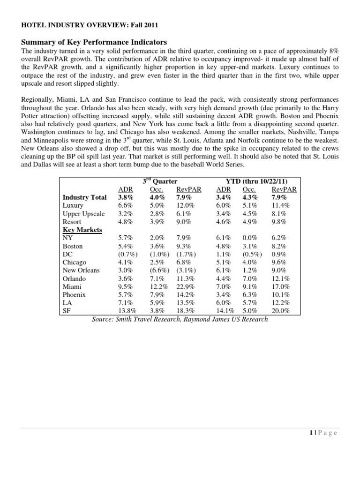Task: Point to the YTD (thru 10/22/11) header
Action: click(253, 181)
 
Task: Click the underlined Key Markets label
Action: click(82, 230)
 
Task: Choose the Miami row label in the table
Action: click(72, 286)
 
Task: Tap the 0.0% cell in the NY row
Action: click(250, 238)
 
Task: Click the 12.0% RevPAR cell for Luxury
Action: click(185, 205)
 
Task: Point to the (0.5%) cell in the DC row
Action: click(251, 254)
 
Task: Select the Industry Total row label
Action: click(84, 197)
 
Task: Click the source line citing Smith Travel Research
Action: click(180, 319)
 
